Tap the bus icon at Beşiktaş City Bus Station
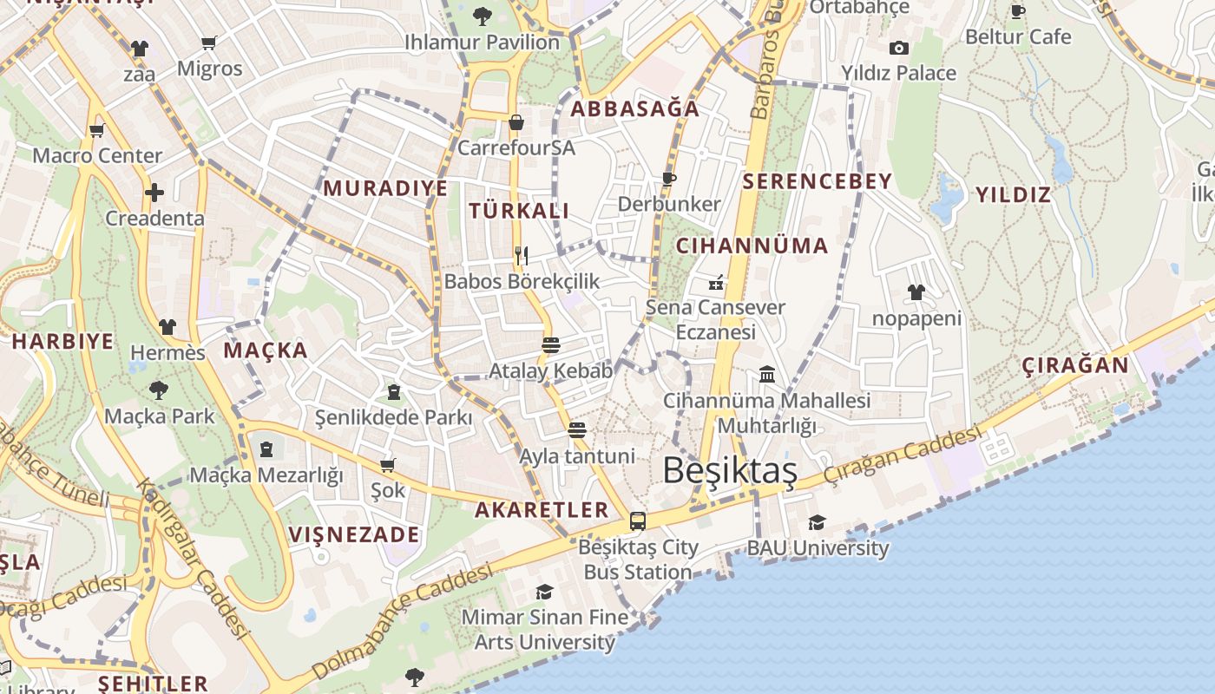click(x=638, y=521)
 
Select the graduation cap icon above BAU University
click(x=817, y=522)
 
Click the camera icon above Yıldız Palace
click(x=899, y=48)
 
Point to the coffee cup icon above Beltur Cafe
click(x=1018, y=11)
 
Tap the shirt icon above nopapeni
click(x=916, y=292)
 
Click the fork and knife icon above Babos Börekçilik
click(x=522, y=255)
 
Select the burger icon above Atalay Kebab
click(x=550, y=345)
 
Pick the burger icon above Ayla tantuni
click(x=577, y=430)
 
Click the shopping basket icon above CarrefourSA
click(x=516, y=122)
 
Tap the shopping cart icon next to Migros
click(x=209, y=42)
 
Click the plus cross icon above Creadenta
click(x=154, y=192)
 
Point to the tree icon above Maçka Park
click(x=159, y=390)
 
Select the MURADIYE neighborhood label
click(x=385, y=188)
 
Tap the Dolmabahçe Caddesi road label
click(x=401, y=619)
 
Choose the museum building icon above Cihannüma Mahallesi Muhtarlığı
click(x=767, y=375)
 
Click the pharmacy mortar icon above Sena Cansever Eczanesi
click(x=717, y=282)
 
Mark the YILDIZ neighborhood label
click(x=1013, y=194)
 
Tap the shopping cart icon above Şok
click(x=387, y=465)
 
